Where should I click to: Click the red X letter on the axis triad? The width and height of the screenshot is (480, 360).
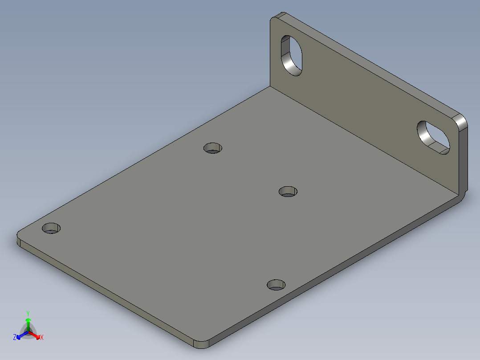pyautogui.click(x=42, y=338)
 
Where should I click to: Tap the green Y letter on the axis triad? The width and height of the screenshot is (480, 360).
pyautogui.click(x=28, y=313)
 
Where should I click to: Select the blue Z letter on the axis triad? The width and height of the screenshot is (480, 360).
pyautogui.click(x=15, y=338)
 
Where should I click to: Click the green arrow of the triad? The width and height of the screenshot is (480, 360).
pyautogui.click(x=28, y=322)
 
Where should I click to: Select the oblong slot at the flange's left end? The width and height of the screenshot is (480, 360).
pyautogui.click(x=292, y=55)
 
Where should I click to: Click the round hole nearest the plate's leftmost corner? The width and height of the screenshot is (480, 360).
pyautogui.click(x=51, y=228)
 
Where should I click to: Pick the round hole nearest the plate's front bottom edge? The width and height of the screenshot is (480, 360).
pyautogui.click(x=276, y=284)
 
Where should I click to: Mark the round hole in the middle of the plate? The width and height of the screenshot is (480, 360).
pyautogui.click(x=288, y=192)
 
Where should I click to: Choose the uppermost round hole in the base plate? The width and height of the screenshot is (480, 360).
pyautogui.click(x=213, y=147)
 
